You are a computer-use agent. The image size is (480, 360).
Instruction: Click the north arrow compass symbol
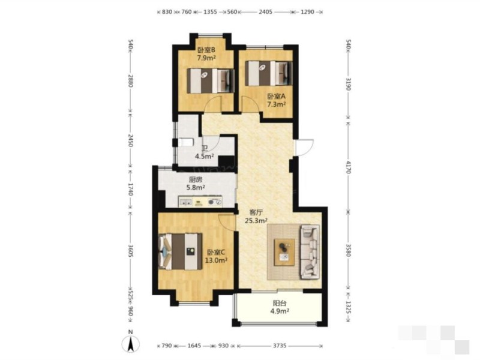pos(131,343)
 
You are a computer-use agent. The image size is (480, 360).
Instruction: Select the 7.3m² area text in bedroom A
pos(277,104)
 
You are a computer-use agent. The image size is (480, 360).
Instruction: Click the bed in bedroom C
pos(181,251)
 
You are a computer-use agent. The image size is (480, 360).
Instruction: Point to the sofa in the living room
pos(310,251)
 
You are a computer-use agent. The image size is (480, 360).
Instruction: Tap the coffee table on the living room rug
pos(284,252)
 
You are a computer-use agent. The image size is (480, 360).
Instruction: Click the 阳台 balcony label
pos(280,304)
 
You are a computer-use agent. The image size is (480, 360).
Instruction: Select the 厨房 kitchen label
pos(196,179)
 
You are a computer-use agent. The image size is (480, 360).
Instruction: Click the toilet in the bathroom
pos(185,143)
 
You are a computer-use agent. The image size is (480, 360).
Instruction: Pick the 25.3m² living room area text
pos(256,220)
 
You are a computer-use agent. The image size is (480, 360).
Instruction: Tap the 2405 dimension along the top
pos(265,12)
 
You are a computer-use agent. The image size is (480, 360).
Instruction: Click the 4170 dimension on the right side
pos(348,167)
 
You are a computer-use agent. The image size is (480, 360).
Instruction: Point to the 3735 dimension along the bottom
pos(280,346)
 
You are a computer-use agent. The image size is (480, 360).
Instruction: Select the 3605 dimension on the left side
pos(130,251)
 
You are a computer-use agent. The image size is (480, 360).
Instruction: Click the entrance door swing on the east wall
pos(304,148)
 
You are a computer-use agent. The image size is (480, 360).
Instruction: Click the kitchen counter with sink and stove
pos(200,202)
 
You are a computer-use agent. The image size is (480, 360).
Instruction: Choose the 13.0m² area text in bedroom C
pos(216,260)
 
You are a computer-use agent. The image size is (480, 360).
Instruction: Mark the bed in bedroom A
pos(268,73)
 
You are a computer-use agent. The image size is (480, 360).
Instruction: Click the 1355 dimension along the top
pos(210,12)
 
